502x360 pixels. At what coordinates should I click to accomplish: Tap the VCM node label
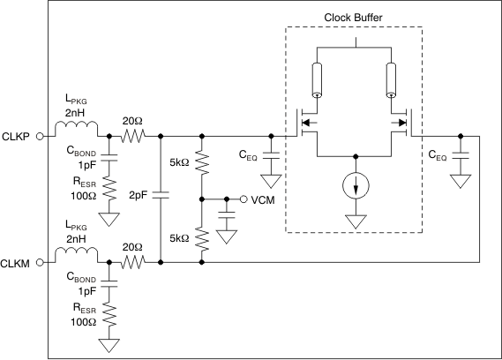click(265, 199)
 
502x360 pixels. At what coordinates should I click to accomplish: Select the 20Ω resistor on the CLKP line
click(133, 137)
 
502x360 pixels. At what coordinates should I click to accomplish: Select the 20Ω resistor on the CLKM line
click(133, 261)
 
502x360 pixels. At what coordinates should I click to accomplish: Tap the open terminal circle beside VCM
click(245, 199)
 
